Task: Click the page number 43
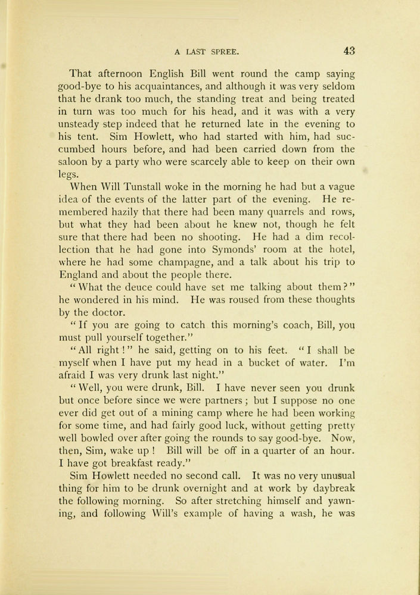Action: click(x=349, y=51)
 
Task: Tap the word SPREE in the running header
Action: click(x=223, y=52)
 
